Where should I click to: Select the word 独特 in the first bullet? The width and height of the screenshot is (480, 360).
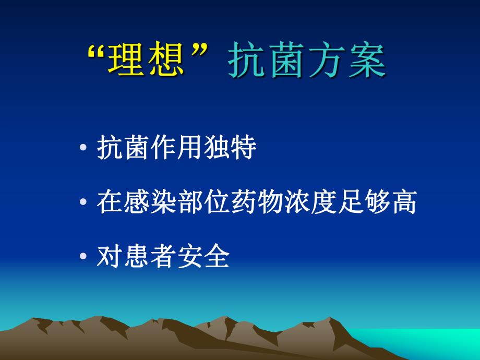230,149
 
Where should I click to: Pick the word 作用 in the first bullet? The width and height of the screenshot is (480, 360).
177,149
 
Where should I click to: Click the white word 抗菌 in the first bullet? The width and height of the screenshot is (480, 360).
123,149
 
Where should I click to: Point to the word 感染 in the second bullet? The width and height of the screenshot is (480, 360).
150,203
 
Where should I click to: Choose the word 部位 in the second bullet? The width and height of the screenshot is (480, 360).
203,203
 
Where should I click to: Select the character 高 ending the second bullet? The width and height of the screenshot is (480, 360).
403,203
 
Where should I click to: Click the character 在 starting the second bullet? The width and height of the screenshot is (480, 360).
110,203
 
